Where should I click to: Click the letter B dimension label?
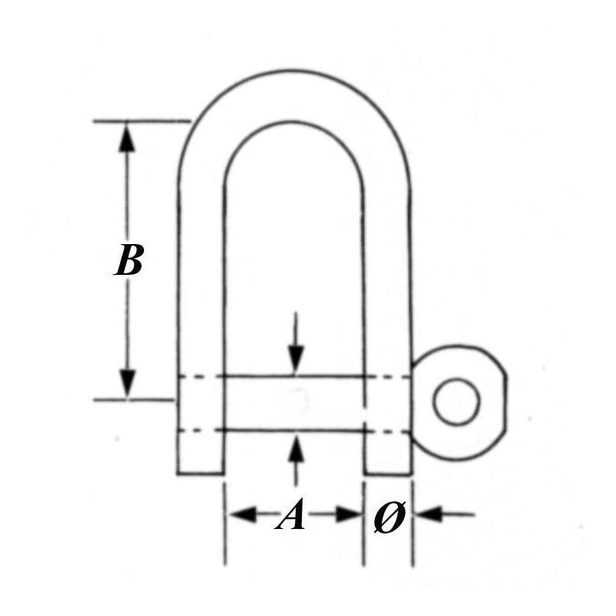pyautogui.click(x=129, y=259)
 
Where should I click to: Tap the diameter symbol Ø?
pyautogui.click(x=389, y=517)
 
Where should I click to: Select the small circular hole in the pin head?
pyautogui.click(x=457, y=401)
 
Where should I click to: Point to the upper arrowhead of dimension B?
pyautogui.click(x=126, y=136)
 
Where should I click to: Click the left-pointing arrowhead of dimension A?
pyautogui.click(x=243, y=514)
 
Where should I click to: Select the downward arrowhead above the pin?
pyautogui.click(x=296, y=360)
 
